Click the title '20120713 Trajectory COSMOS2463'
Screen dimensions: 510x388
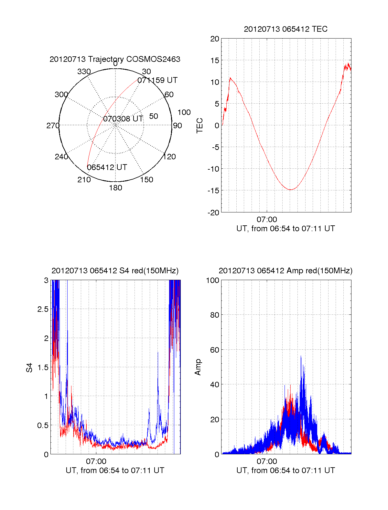[x=115, y=59]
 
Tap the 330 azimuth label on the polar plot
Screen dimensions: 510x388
[x=84, y=72]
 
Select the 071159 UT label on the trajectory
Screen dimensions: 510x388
[x=157, y=80]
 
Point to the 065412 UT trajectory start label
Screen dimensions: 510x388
[x=107, y=167]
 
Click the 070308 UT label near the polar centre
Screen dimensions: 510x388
[x=123, y=119]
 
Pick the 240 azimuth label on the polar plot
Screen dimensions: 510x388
[x=61, y=157]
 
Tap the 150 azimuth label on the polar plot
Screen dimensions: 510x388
[x=146, y=180]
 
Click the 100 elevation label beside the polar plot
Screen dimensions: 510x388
[x=184, y=112]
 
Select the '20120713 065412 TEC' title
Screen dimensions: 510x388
[x=286, y=29]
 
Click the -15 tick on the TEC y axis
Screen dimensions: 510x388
[x=213, y=190]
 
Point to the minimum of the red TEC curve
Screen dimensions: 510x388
[x=290, y=190]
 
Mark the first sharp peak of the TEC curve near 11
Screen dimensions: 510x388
[x=230, y=78]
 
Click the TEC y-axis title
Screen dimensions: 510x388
[x=200, y=125]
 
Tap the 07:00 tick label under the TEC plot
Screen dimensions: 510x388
[x=267, y=220]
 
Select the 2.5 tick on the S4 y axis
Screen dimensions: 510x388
[x=43, y=309]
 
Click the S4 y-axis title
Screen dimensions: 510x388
[x=29, y=368]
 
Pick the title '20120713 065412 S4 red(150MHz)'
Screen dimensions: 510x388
[x=115, y=271]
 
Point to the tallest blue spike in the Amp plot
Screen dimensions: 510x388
[x=301, y=356]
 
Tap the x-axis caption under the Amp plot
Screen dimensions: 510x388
[x=286, y=470]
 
